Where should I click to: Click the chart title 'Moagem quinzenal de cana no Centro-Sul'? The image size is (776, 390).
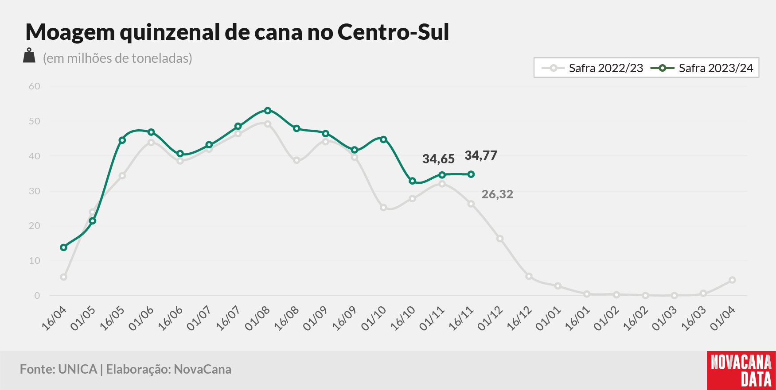pos(238,32)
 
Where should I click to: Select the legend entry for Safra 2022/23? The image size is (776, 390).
pos(593,68)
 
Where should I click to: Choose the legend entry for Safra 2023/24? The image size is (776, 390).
pos(702,68)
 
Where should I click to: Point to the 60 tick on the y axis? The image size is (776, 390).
pos(35,86)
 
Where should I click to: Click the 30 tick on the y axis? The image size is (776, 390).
pos(35,191)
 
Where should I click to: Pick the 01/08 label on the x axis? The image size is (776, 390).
pos(257,318)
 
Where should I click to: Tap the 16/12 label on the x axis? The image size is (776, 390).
pos(519,318)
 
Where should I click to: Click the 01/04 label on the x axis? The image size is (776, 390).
pos(723,318)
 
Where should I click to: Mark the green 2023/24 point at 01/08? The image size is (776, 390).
pos(267,110)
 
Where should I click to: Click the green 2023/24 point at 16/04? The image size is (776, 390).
pos(64,247)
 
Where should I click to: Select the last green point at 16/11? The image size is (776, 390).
pos(471,174)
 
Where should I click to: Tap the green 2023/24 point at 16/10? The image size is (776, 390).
pos(413,181)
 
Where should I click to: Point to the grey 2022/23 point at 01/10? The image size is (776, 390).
pos(383,208)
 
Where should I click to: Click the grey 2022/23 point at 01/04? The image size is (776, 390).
pos(732,280)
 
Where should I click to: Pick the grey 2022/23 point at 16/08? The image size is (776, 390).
pos(296,160)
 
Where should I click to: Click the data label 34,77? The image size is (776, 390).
pos(481,156)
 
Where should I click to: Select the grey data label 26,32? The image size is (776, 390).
pos(497,194)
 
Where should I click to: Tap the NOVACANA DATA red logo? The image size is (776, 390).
pos(741,371)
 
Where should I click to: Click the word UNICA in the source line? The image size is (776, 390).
pos(78,369)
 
